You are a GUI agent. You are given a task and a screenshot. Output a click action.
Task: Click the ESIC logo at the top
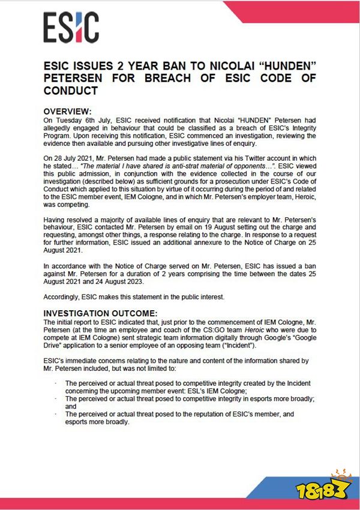coord(71,28)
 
